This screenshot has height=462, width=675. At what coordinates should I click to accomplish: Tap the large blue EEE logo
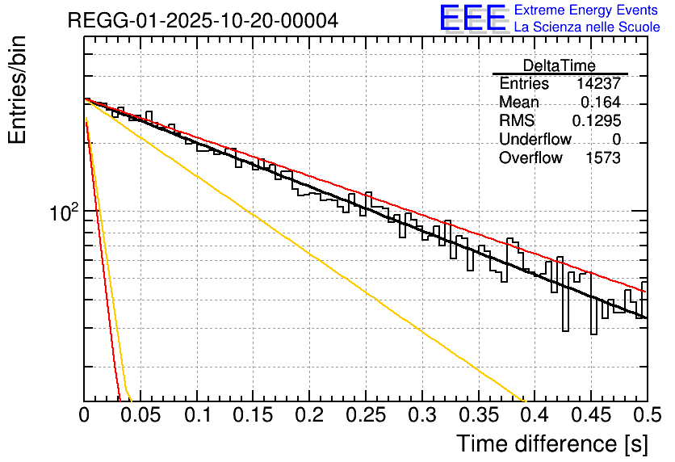pyautogui.click(x=472, y=19)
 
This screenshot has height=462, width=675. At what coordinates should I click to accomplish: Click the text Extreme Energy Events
pyautogui.click(x=586, y=10)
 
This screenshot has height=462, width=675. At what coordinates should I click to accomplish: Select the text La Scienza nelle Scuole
pyautogui.click(x=586, y=27)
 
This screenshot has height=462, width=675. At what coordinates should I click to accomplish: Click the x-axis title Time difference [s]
pyautogui.click(x=551, y=443)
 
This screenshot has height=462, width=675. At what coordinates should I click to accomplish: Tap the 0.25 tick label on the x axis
pyautogui.click(x=366, y=416)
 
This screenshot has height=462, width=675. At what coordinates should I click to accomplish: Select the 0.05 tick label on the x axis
pyautogui.click(x=140, y=416)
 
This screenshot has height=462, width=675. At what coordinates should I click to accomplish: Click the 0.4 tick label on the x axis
pyautogui.click(x=535, y=416)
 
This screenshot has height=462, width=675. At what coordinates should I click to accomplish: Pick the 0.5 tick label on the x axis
pyautogui.click(x=646, y=416)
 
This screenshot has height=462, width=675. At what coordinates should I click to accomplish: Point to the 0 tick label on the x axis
pyautogui.click(x=85, y=416)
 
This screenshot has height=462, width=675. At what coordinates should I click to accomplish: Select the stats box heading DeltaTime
pyautogui.click(x=560, y=66)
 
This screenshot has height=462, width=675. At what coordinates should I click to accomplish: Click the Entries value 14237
pyautogui.click(x=598, y=84)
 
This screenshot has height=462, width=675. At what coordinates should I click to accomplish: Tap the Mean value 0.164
pyautogui.click(x=601, y=103)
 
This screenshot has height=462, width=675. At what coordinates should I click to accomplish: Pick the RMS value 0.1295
pyautogui.click(x=596, y=121)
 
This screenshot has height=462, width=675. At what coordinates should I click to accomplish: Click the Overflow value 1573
pyautogui.click(x=602, y=158)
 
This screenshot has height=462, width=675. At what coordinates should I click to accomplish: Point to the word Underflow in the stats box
pyautogui.click(x=535, y=140)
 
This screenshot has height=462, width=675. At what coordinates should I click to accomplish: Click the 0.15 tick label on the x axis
pyautogui.click(x=253, y=416)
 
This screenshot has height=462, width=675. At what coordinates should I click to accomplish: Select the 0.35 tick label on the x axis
pyautogui.click(x=478, y=416)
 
